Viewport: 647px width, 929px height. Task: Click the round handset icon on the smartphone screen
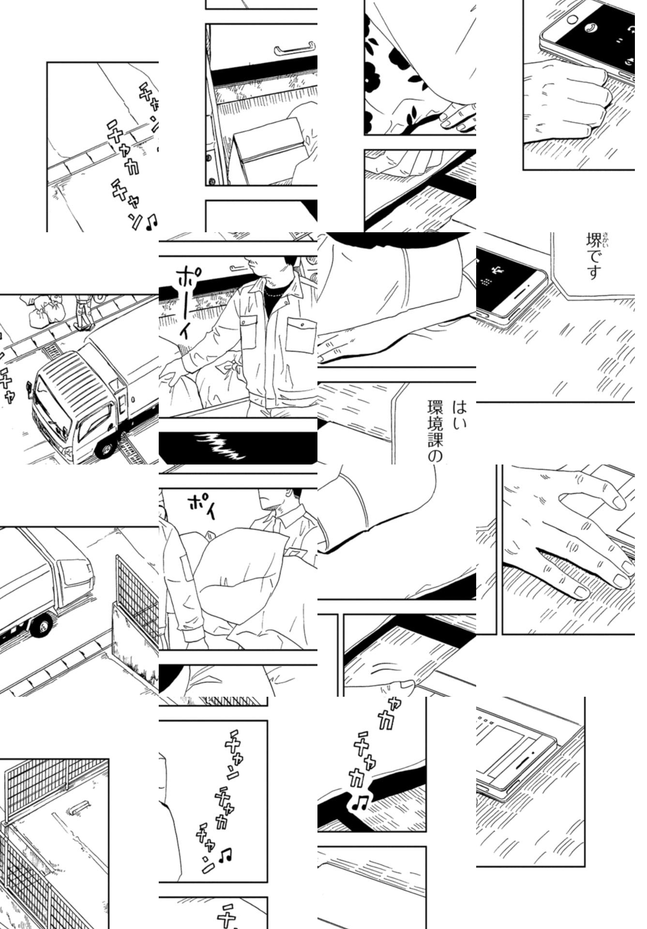coord(591,28)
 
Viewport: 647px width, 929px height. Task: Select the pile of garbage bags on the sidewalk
coord(44,315)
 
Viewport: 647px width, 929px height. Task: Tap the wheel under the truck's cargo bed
coord(41,626)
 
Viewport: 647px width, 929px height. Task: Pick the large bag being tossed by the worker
coord(242,576)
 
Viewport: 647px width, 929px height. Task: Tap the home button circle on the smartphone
coord(572,20)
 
